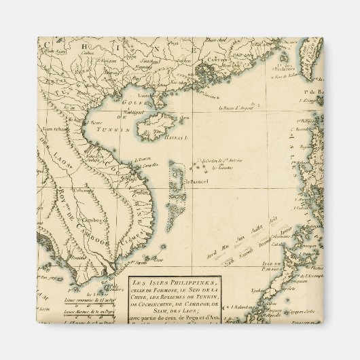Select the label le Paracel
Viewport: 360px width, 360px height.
click(196, 182)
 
